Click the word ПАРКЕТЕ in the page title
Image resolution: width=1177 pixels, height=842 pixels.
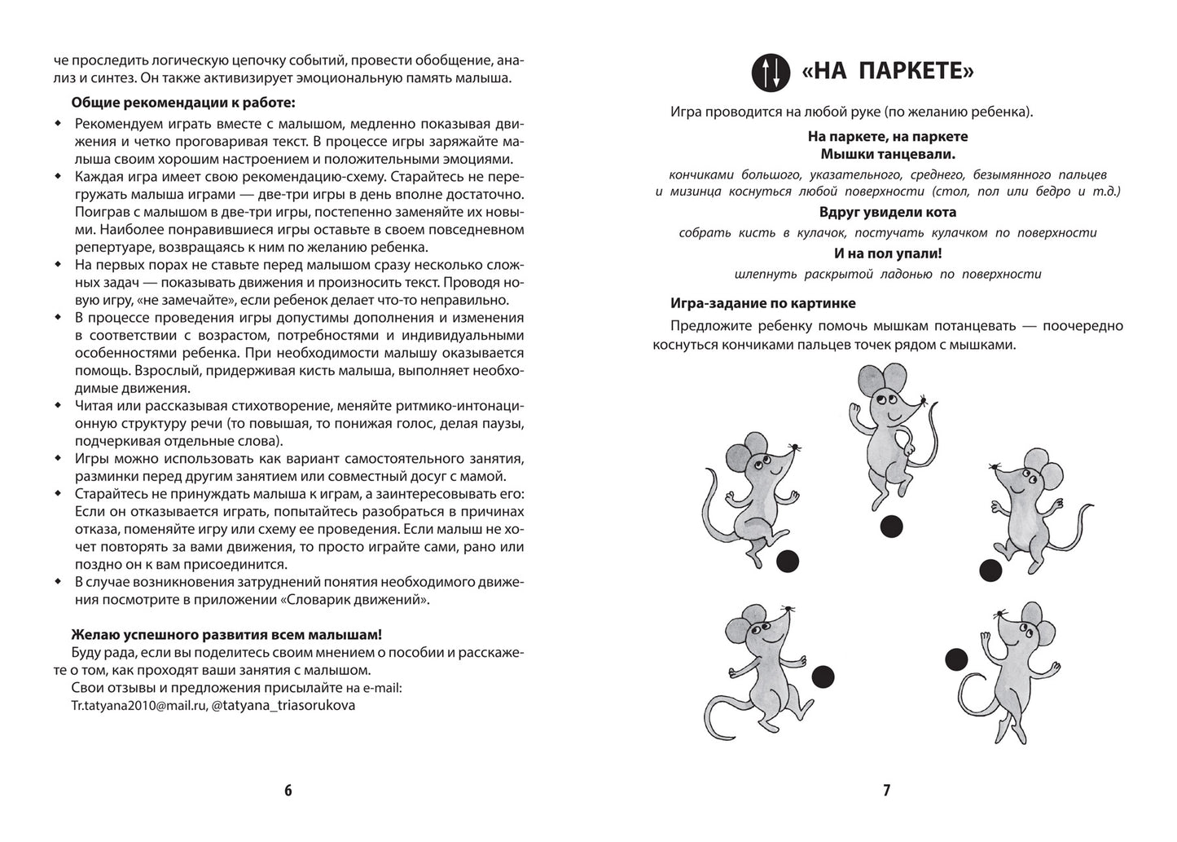(916, 73)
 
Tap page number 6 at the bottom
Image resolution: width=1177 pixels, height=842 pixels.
(288, 790)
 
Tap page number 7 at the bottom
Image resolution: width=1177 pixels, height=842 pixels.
(887, 790)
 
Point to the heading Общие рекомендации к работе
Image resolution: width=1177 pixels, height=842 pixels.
(183, 103)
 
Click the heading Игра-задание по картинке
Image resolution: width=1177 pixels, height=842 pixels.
(762, 302)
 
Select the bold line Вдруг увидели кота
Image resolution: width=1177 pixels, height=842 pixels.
(887, 212)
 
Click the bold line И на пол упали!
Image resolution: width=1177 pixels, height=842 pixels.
(887, 253)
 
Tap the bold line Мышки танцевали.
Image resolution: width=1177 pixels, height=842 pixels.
(887, 153)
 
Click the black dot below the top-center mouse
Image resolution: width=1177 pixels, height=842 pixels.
(892, 527)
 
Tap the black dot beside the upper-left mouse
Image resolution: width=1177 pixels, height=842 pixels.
(787, 561)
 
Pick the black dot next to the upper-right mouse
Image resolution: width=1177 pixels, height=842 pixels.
(990, 571)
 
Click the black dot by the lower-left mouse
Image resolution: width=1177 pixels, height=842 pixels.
(824, 674)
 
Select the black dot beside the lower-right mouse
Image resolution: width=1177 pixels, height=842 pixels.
(956, 659)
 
